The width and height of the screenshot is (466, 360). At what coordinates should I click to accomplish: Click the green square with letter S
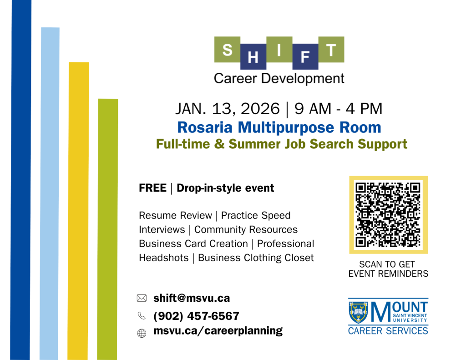(228, 49)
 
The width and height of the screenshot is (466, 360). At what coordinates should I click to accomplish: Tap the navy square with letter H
(253, 56)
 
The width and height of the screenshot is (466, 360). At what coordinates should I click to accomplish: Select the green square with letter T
(331, 49)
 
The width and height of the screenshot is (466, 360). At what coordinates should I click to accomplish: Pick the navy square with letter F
(305, 56)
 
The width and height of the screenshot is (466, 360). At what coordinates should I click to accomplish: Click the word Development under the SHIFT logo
(303, 79)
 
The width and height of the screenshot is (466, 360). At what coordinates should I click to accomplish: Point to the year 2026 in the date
(260, 108)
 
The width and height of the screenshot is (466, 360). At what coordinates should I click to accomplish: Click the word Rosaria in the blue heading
(205, 127)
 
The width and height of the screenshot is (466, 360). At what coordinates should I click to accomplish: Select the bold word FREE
(153, 188)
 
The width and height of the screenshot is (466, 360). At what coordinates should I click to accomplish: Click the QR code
(389, 215)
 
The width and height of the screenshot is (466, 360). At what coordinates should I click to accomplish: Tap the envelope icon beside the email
(142, 298)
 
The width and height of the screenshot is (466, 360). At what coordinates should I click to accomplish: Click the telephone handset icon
(142, 315)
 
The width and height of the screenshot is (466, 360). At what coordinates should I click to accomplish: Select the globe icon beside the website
(142, 333)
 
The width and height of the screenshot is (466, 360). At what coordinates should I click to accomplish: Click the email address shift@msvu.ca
(192, 298)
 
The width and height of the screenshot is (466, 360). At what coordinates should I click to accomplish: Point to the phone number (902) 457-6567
(196, 316)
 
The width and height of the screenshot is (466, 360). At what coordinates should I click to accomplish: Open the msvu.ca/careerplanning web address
(218, 331)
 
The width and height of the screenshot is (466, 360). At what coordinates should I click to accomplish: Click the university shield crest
(358, 312)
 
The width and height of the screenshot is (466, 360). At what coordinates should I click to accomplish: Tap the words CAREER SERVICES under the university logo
(388, 331)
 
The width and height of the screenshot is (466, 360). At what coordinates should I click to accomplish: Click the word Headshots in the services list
(164, 258)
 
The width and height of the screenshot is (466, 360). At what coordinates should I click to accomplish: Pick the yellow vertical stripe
(78, 211)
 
